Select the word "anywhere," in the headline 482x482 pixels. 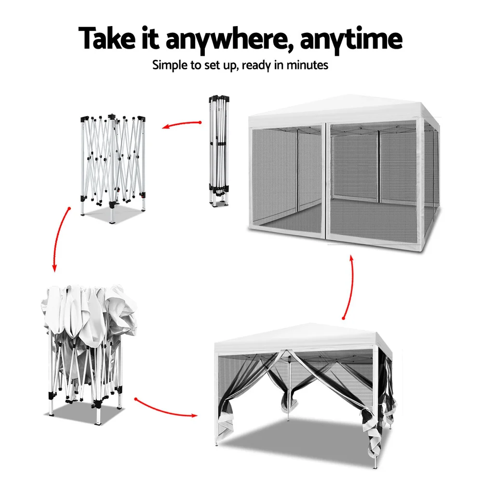pos(228,40)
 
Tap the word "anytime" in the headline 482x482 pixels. pos(351,40)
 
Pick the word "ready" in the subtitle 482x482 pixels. pos(256,66)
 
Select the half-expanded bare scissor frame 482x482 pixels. pos(113,168)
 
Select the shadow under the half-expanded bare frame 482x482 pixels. pos(114,214)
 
